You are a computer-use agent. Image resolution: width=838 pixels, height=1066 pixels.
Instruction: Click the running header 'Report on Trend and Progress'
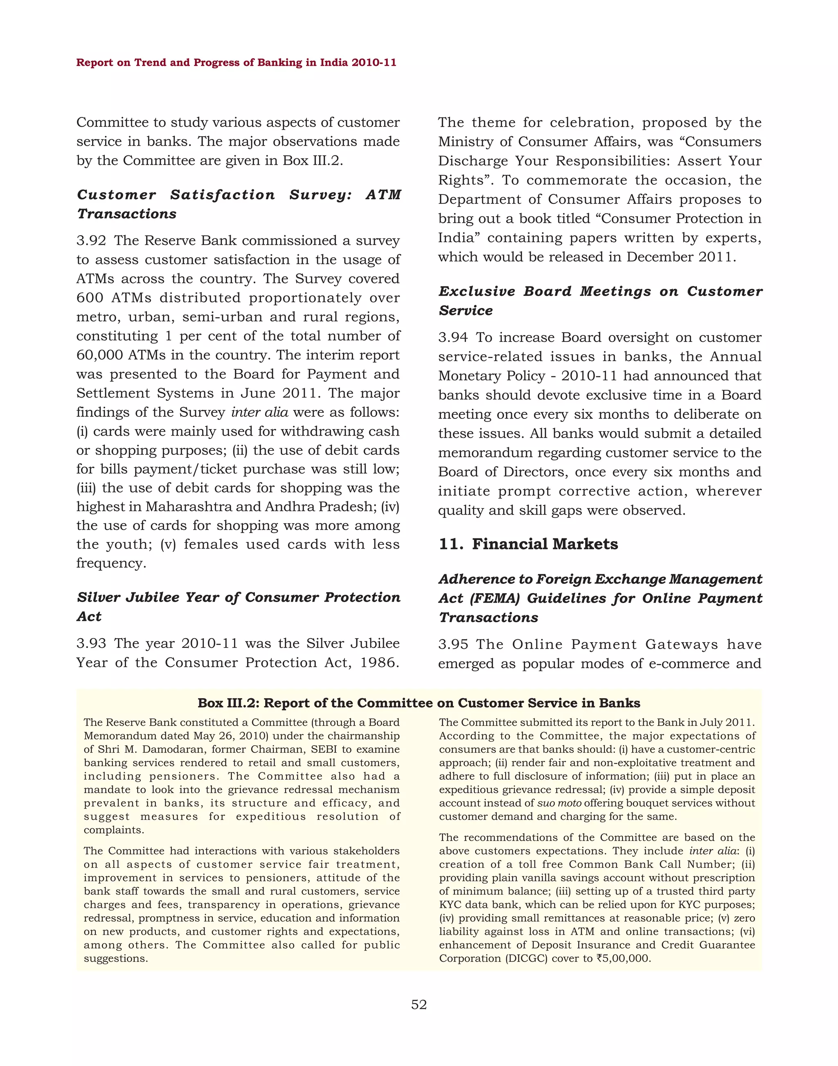pyautogui.click(x=236, y=63)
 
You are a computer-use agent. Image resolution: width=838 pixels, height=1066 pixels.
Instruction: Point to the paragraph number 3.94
pyautogui.click(x=453, y=337)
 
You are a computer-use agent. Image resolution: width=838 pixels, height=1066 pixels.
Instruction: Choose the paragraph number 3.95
pyautogui.click(x=453, y=645)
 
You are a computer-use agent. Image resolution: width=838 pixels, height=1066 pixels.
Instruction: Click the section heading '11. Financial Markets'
pyautogui.click(x=528, y=544)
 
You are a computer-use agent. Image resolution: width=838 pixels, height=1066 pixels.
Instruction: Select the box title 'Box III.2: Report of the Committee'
pyautogui.click(x=419, y=703)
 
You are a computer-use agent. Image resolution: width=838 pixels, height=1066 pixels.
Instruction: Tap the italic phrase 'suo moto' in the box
pyautogui.click(x=559, y=803)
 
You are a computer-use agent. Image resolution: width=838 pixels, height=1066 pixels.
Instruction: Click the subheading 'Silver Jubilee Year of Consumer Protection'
pyautogui.click(x=239, y=598)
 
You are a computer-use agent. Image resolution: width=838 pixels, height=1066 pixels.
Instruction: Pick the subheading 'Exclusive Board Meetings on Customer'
pyautogui.click(x=600, y=291)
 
